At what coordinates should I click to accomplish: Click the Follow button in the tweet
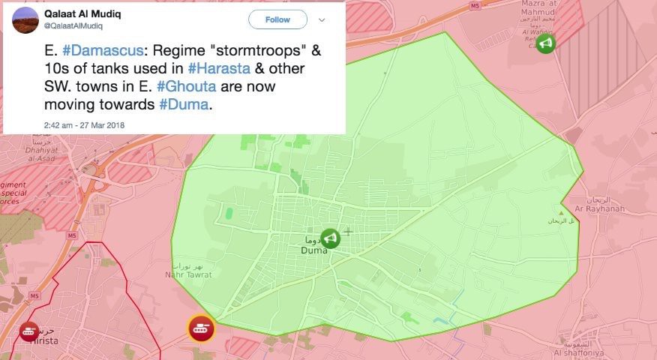pos(277,19)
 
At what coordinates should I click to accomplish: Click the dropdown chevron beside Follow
pos(322,19)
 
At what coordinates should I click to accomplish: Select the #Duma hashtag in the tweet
pos(184,103)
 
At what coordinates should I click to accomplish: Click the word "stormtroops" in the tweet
pos(250,52)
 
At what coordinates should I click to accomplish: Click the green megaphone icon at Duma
pos(330,238)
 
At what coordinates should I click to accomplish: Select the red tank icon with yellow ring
pos(201,328)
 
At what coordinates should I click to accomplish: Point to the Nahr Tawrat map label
pos(187,274)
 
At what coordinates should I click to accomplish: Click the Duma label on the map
pos(313,251)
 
